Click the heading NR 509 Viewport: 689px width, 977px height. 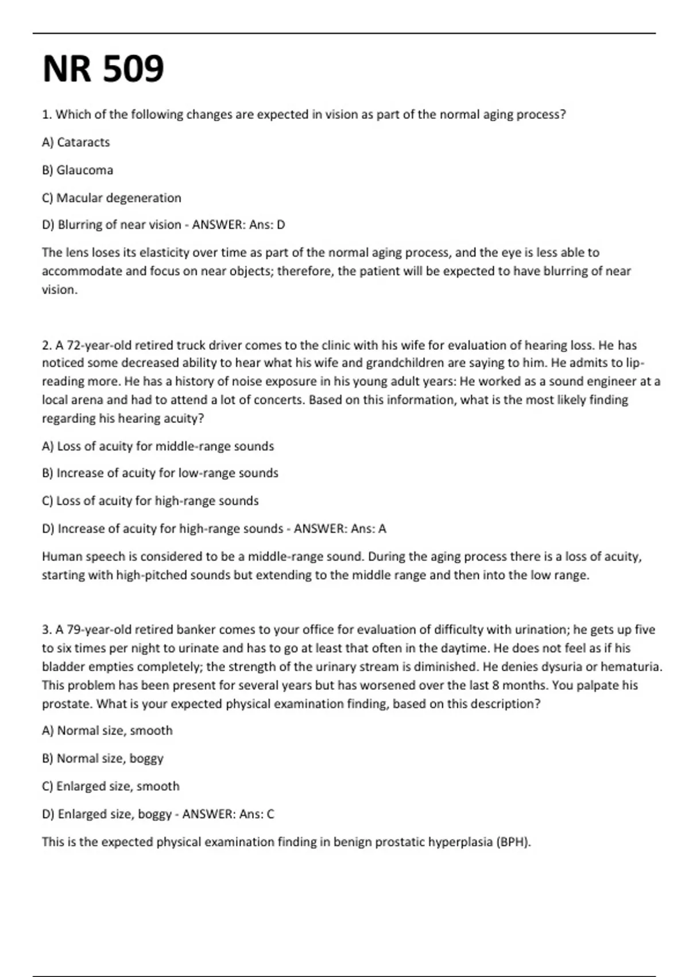(103, 69)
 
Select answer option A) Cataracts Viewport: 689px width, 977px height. (76, 142)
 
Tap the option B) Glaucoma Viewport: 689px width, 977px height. (78, 170)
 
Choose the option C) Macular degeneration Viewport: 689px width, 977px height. (111, 198)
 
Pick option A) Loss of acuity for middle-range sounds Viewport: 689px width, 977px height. (158, 446)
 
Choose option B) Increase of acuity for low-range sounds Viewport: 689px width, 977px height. (160, 473)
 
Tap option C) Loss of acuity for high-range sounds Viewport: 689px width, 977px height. (150, 501)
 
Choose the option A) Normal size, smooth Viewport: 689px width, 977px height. (107, 730)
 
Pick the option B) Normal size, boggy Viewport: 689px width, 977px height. (103, 759)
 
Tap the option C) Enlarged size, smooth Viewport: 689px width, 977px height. (111, 786)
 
